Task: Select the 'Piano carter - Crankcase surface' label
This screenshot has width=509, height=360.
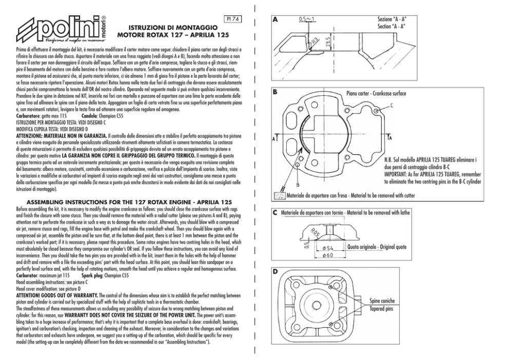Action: pos(376,94)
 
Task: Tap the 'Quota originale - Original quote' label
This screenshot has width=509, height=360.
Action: pos(377,247)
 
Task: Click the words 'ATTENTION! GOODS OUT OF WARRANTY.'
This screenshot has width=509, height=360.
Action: pos(57,296)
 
